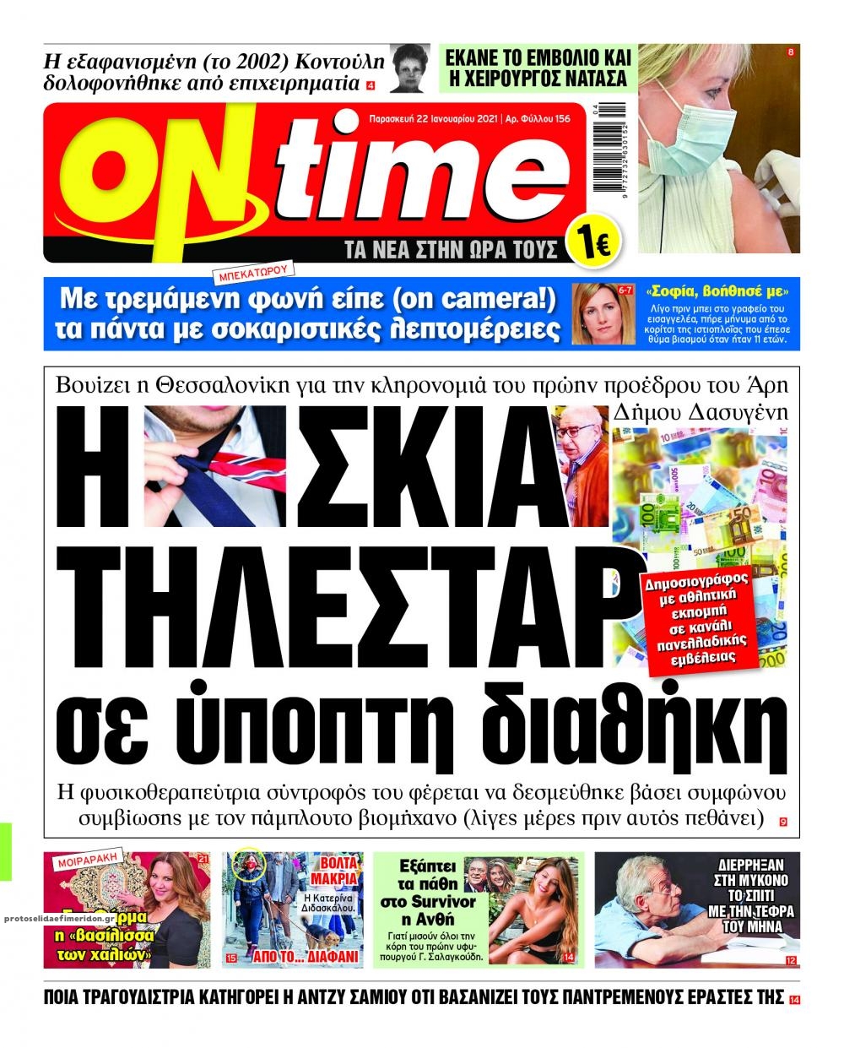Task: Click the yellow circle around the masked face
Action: (249, 865)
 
